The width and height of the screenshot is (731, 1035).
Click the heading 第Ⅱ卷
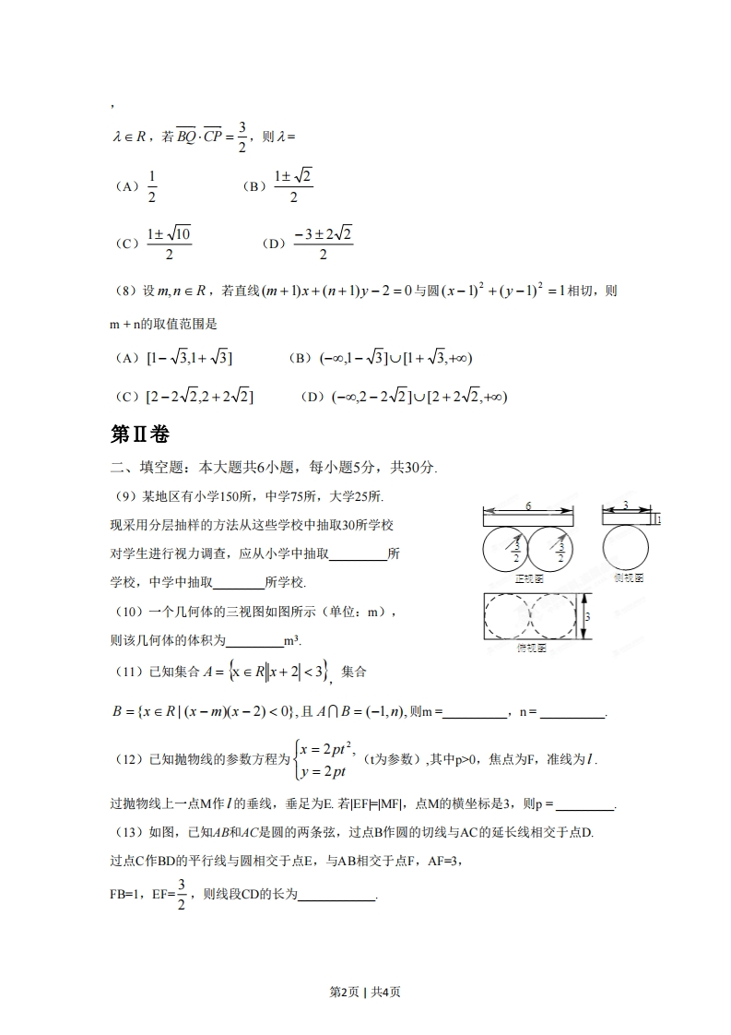point(139,434)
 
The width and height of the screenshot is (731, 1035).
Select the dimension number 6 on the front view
point(528,506)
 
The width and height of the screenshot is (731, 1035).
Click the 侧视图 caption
point(628,578)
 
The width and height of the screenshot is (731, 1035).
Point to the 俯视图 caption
point(529,648)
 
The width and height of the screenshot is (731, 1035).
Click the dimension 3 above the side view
point(626,506)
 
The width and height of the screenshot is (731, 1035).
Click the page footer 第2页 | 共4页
point(365,992)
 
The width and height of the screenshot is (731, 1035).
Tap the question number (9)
point(124,497)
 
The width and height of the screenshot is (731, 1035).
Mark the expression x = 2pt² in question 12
point(334,748)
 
